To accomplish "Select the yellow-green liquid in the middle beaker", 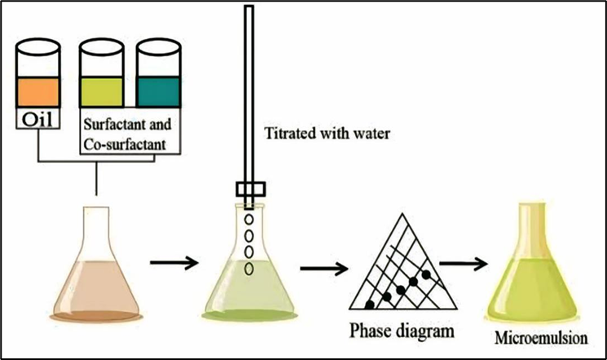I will coord(101,87).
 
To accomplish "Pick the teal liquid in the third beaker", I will coord(157,87).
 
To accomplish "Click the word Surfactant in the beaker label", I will coord(117,128).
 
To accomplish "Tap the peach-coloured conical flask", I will coord(95,277).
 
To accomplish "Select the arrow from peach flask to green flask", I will coord(175,262).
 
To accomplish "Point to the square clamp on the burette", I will coord(249,190).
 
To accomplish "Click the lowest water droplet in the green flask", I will coord(249,266).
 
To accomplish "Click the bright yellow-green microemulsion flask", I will coord(539,269).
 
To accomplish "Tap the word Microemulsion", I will coord(539,336).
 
